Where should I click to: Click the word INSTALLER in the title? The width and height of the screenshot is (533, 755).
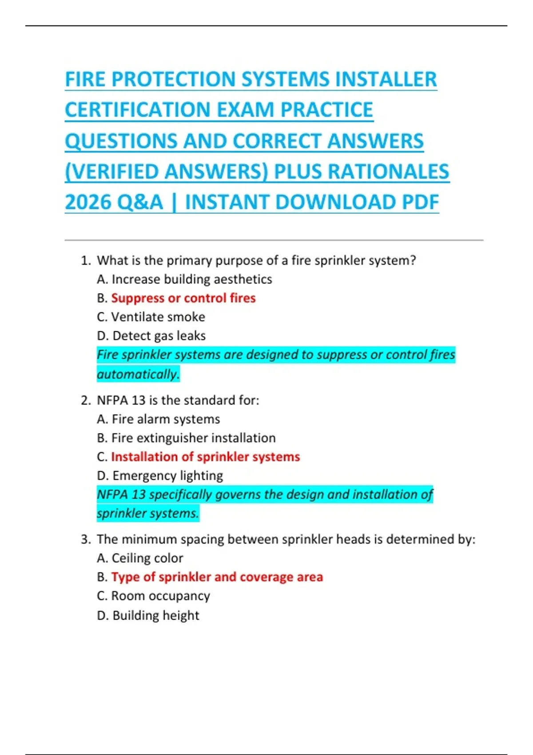click(x=386, y=79)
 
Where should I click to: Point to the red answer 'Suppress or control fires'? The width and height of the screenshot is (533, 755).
click(x=183, y=298)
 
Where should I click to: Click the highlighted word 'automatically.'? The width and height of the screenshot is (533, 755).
click(x=138, y=374)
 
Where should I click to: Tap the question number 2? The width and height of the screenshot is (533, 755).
click(x=85, y=401)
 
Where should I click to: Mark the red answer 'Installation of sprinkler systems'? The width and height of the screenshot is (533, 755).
click(x=205, y=457)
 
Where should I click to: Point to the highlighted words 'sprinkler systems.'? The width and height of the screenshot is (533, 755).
click(x=148, y=513)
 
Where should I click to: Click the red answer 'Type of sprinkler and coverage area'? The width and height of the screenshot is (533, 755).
click(x=217, y=577)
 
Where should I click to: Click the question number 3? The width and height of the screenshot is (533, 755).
click(x=85, y=540)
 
